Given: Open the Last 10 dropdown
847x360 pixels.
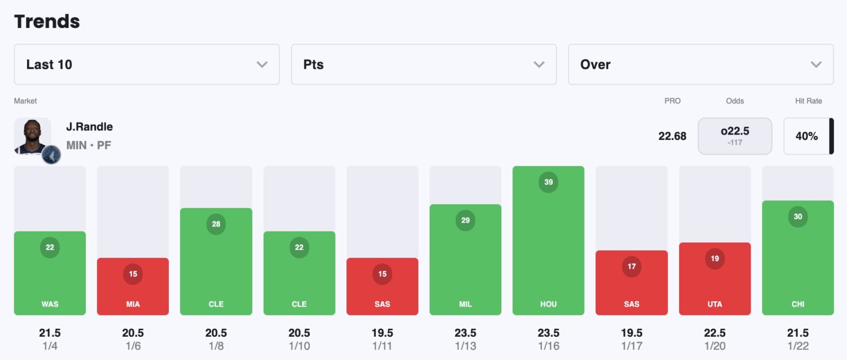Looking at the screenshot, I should coord(147,65).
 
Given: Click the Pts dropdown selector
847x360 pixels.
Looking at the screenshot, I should coord(424,65).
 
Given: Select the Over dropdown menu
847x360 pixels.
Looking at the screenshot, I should coord(700,65).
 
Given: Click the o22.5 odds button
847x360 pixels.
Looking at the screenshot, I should coord(735,136).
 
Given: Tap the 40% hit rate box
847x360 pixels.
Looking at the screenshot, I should coord(806,136).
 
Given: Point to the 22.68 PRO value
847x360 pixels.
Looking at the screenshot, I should coord(672,136).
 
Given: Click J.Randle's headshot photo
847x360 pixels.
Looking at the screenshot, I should coord(32,136).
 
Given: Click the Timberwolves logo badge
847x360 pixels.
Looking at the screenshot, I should coord(51,155).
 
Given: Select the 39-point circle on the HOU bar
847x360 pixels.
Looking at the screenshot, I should coord(548,182).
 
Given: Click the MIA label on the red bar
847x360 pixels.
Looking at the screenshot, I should coord(133,304).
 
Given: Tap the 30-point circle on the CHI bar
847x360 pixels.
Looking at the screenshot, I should coord(798,217).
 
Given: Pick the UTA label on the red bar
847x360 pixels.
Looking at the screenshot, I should coord(715,304).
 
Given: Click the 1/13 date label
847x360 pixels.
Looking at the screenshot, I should coord(465,346).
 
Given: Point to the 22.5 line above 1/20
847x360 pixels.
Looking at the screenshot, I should coord(715,333).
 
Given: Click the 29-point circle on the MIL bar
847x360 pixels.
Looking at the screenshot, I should coord(465,220).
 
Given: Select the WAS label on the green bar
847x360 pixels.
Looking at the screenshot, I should coord(50,304).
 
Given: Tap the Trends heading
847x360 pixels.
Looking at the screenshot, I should coord(47,22).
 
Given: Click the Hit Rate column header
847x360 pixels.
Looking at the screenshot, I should coord(808,101).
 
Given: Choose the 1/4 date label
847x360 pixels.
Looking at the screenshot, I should coord(50,346).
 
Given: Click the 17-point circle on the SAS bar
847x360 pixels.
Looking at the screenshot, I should coord(632,266).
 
